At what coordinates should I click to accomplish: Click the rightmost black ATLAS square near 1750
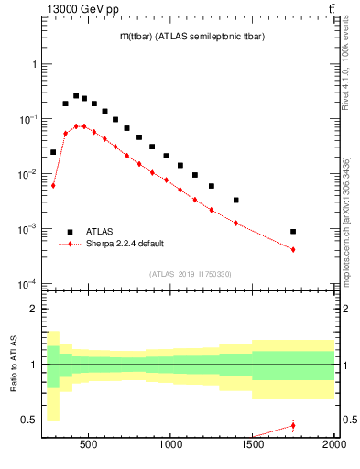pos(293,232)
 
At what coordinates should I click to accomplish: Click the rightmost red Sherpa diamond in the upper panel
pos(293,249)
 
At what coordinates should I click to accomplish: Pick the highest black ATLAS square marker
pos(76,95)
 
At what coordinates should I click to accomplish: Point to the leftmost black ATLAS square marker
pos(53,152)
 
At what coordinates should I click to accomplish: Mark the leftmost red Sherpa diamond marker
pos(53,185)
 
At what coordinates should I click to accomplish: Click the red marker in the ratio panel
pos(293,425)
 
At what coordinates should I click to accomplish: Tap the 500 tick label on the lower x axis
pos(89,446)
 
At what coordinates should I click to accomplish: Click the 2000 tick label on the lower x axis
pos(333,446)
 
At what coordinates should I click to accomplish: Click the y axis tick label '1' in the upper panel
pos(34,64)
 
